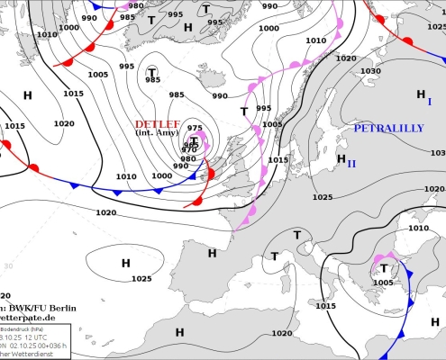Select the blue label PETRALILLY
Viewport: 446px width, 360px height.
click(388, 129)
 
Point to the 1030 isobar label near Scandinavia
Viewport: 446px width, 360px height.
click(370, 71)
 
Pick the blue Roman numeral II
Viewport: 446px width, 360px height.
click(351, 163)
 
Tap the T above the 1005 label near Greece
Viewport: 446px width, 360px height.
click(384, 268)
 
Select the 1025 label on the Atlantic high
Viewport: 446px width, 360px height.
click(141, 278)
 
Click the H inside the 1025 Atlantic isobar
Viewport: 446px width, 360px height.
click(125, 262)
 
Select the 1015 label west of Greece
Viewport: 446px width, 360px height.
click(325, 306)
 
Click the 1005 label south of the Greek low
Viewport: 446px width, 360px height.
click(383, 283)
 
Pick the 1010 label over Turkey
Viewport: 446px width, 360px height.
click(418, 229)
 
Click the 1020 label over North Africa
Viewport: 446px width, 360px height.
click(282, 333)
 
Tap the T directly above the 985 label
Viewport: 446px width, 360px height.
click(151, 71)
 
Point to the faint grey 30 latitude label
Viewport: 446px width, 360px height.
click(8, 266)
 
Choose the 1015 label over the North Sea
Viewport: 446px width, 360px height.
click(278, 160)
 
